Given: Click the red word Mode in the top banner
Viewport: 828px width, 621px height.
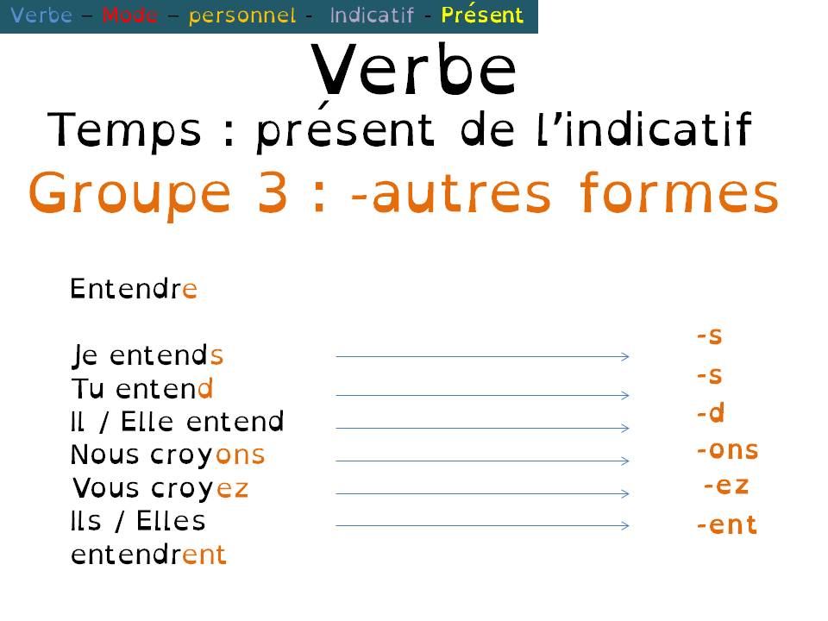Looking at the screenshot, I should pyautogui.click(x=129, y=16).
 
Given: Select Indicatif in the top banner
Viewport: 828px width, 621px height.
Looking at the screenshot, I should pyautogui.click(x=372, y=16).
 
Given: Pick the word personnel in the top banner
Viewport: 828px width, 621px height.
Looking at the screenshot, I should pyautogui.click(x=241, y=16).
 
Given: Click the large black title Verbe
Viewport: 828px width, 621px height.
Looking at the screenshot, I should pyautogui.click(x=413, y=69).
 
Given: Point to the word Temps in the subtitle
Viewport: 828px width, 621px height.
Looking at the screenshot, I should pyautogui.click(x=124, y=131).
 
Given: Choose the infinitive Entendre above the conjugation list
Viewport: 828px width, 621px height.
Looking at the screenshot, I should pyautogui.click(x=134, y=289).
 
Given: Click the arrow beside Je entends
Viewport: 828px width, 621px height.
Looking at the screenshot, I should pyautogui.click(x=482, y=355).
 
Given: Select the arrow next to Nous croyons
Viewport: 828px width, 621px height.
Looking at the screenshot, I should pyautogui.click(x=482, y=461).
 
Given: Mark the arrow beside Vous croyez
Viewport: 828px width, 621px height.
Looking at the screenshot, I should pyautogui.click(x=482, y=493).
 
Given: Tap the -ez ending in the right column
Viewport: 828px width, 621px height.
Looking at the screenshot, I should pyautogui.click(x=726, y=486).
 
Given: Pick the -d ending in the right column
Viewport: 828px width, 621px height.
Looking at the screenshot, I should pyautogui.click(x=711, y=414).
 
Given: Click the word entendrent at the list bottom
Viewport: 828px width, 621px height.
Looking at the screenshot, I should pyautogui.click(x=148, y=555).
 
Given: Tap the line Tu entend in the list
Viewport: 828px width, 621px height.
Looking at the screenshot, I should pyautogui.click(x=142, y=389).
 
